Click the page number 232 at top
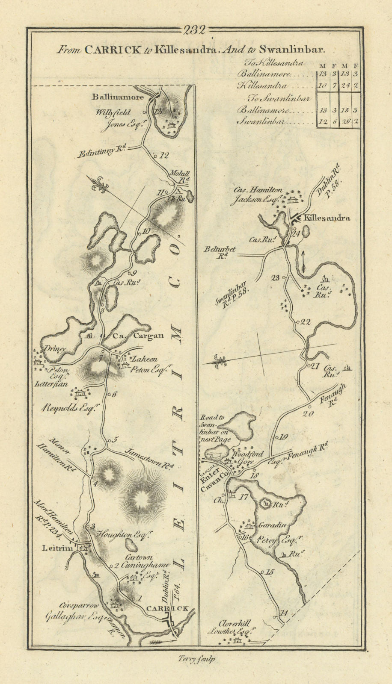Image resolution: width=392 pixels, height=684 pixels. [195, 30]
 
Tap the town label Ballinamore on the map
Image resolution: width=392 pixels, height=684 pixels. [118, 97]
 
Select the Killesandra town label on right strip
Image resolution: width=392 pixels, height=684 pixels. [327, 218]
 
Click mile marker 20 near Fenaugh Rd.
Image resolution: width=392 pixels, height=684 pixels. [308, 413]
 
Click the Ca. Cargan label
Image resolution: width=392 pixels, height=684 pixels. [138, 336]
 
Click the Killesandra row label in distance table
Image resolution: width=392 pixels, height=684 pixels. [263, 85]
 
